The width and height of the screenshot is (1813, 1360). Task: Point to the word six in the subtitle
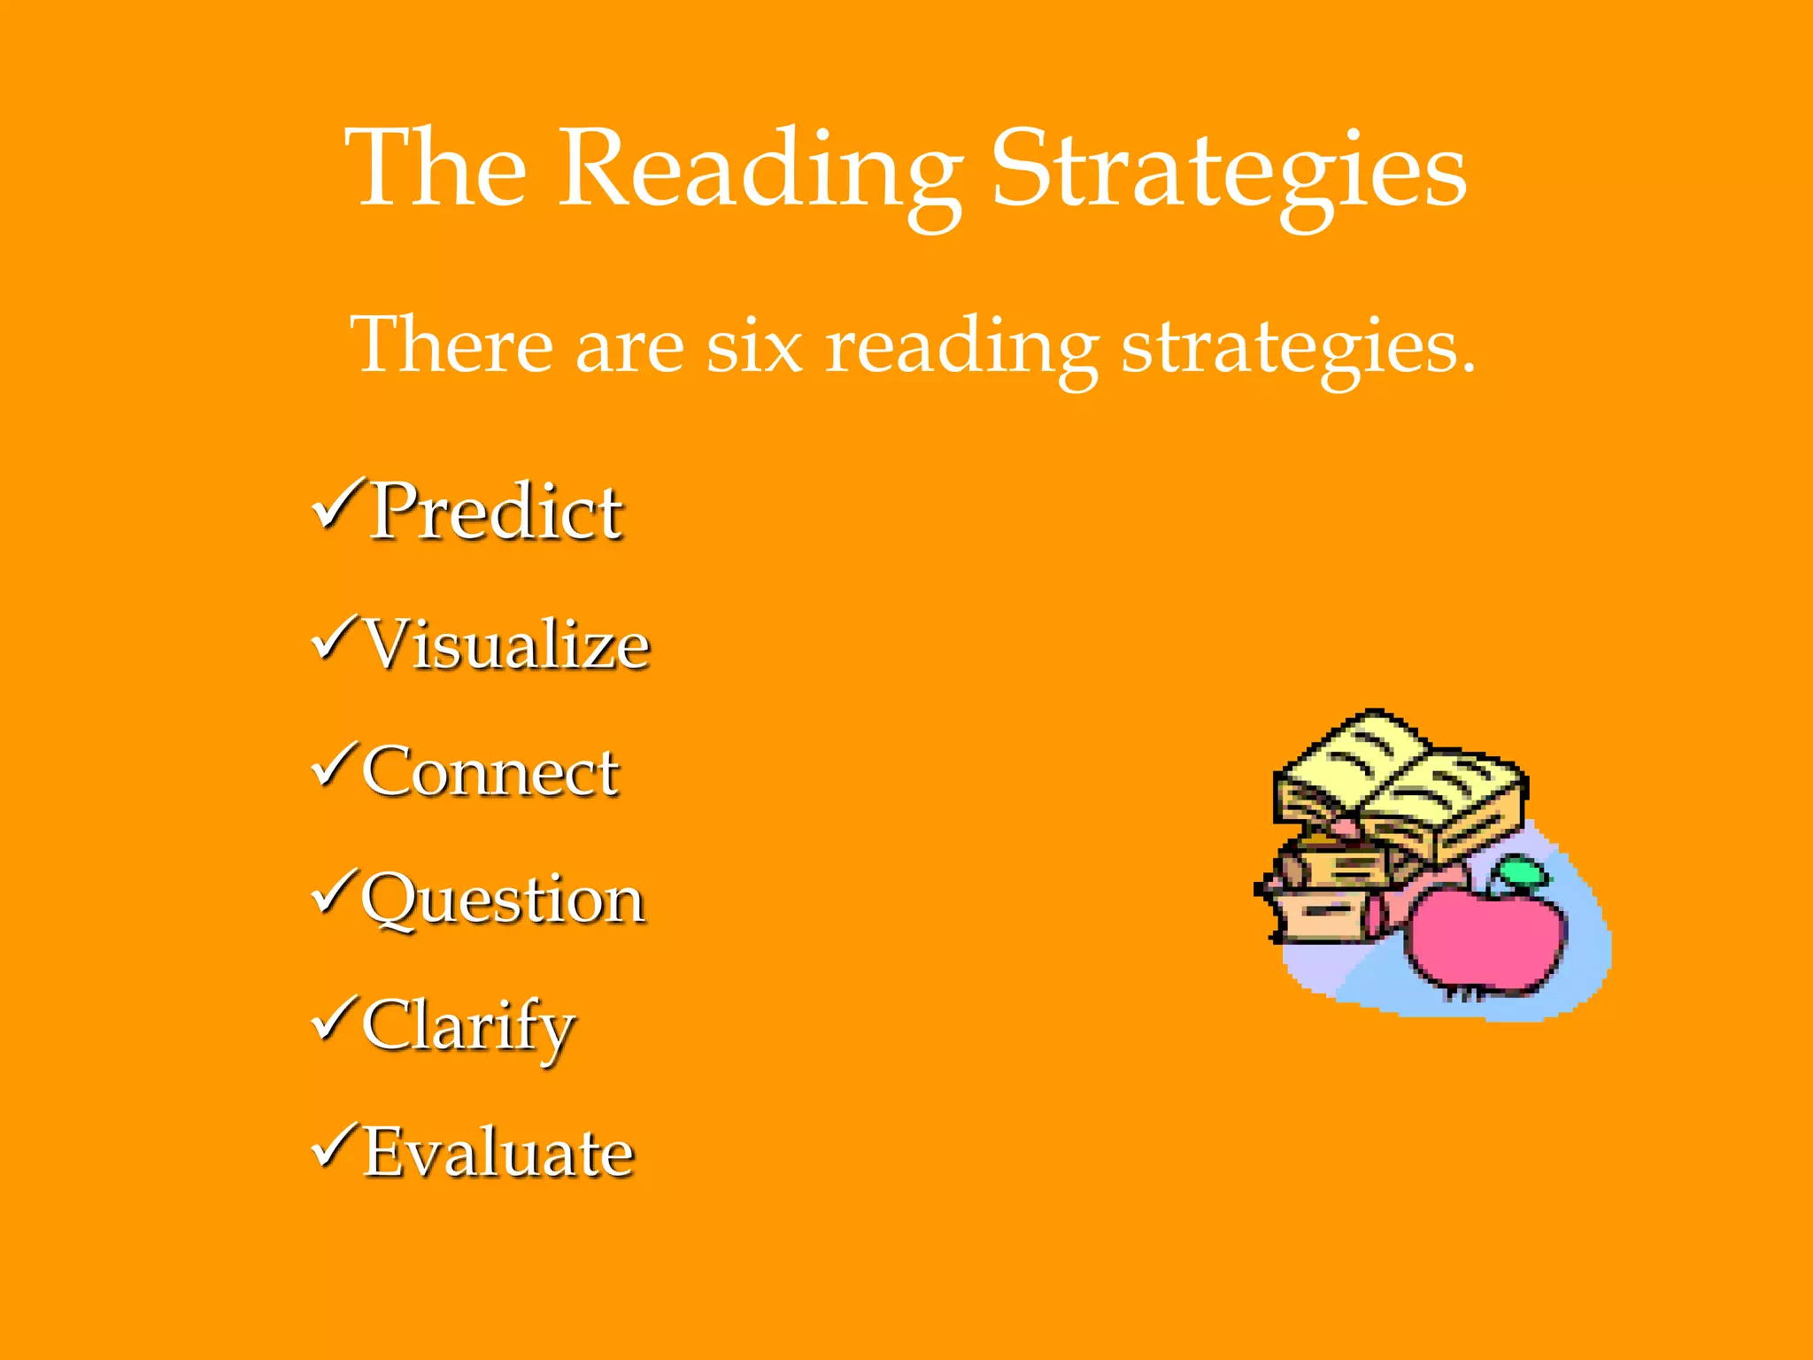pos(754,345)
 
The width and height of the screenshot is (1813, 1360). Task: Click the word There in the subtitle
pos(451,345)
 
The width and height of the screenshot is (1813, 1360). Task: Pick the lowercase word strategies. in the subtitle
pos(1298,347)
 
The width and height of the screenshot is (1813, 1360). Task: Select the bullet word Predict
pos(496,512)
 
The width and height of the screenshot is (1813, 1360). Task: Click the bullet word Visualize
pos(508,645)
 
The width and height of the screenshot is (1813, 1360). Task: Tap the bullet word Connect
pos(490,772)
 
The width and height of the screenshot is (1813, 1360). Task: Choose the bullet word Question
pos(503,900)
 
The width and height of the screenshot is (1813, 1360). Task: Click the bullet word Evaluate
pos(499,1153)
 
